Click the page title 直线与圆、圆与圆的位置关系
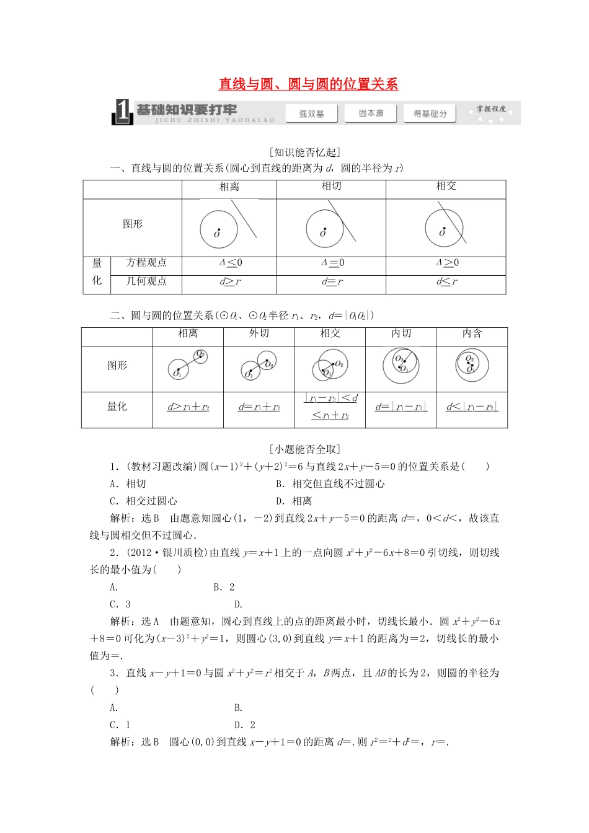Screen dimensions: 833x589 (308, 84)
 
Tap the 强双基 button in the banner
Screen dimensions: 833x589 (312, 113)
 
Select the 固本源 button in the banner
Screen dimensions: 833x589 (371, 113)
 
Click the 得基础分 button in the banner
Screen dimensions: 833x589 (430, 113)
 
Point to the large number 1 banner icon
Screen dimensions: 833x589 (122, 112)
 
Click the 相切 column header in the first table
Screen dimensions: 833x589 (331, 186)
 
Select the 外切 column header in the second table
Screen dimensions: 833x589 (259, 333)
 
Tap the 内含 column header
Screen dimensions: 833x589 (472, 333)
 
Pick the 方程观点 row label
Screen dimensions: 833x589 (146, 263)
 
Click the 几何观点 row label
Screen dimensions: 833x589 (146, 281)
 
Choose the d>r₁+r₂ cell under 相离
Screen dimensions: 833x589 (188, 407)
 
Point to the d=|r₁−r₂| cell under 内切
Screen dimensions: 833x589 (401, 407)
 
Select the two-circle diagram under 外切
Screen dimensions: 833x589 (259, 366)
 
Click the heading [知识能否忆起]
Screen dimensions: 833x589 (305, 152)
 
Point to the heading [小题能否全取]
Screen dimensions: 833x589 (305, 449)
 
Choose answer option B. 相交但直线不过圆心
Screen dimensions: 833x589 (330, 484)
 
